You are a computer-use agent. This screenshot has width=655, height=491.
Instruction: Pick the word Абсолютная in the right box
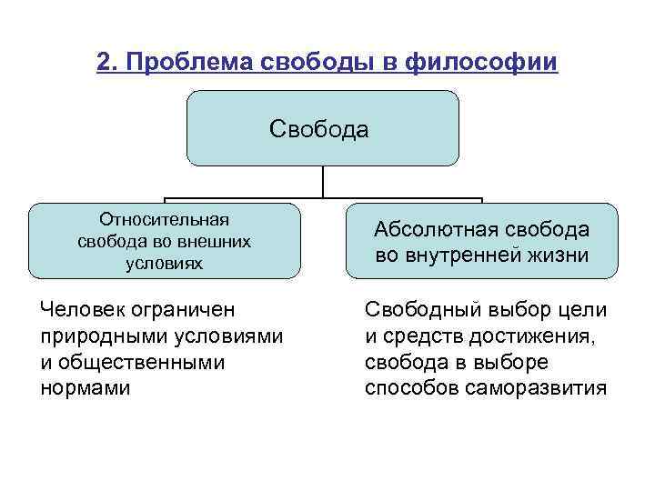[x=427, y=231]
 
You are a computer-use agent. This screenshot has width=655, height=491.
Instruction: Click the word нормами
[x=85, y=388]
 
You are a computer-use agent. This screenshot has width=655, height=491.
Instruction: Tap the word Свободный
[x=419, y=311]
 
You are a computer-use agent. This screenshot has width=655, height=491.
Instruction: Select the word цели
[x=581, y=311]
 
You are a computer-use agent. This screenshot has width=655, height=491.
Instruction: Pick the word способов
[x=409, y=388]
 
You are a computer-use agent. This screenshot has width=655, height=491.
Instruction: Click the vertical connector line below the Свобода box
[x=323, y=182]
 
